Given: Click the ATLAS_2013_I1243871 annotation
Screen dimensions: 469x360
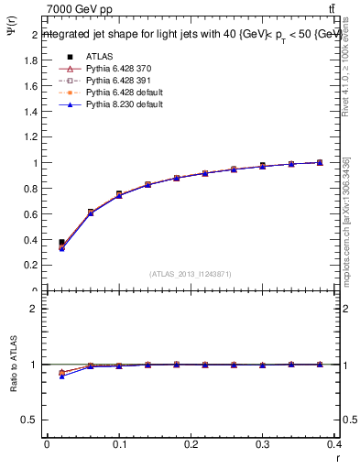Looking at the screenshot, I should (x=191, y=275).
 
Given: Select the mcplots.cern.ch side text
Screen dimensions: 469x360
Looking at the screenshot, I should (x=347, y=220).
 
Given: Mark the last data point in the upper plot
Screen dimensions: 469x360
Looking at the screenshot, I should (x=320, y=162).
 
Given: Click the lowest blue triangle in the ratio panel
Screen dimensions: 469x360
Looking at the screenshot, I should (x=61, y=376).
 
